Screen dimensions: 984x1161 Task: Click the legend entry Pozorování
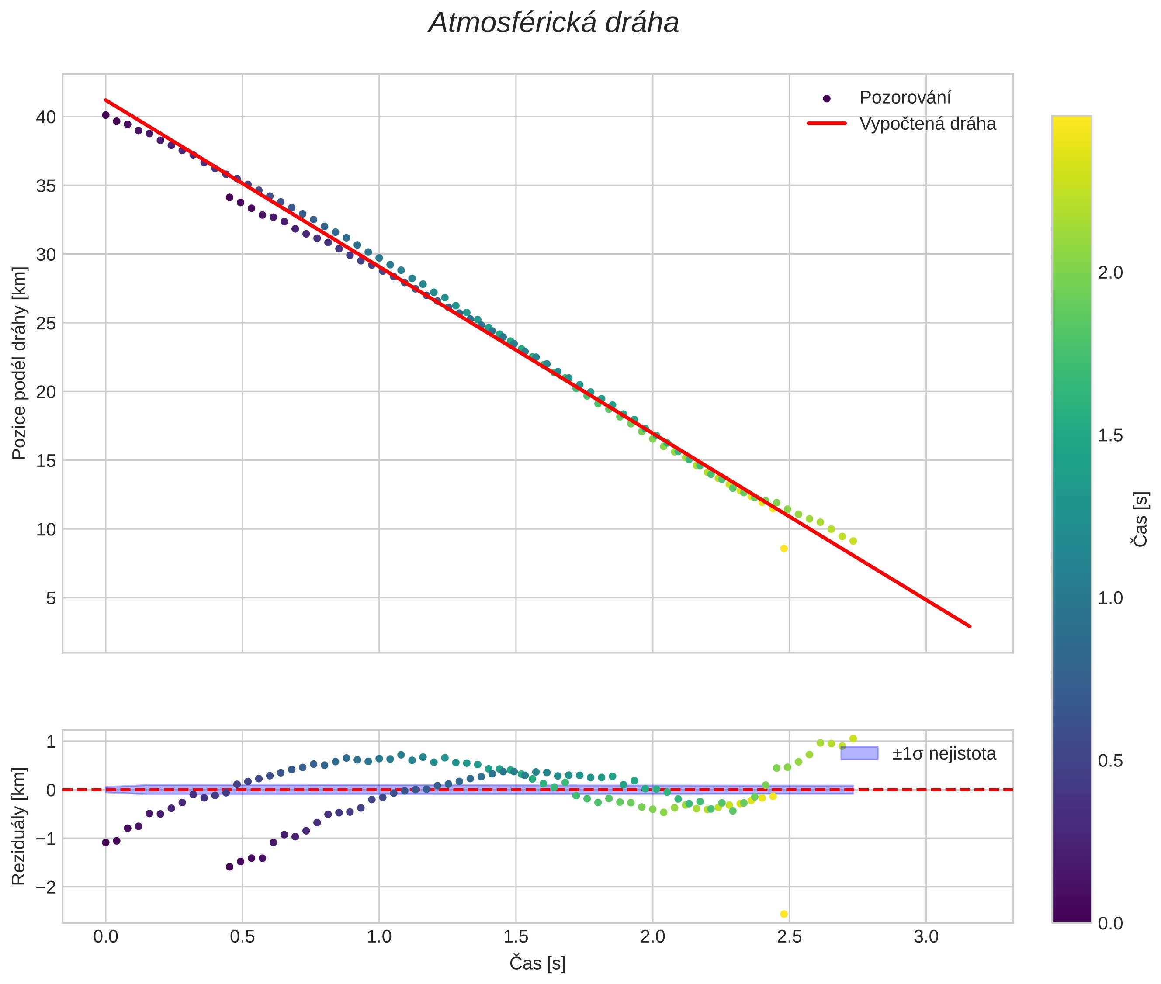pyautogui.click(x=904, y=98)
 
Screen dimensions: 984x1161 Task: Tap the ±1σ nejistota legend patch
pyautogui.click(x=859, y=753)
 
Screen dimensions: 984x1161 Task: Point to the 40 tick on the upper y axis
pyautogui.click(x=47, y=117)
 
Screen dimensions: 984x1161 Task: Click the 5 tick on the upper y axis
pyautogui.click(x=51, y=598)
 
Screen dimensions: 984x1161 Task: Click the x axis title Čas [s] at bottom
pyautogui.click(x=537, y=963)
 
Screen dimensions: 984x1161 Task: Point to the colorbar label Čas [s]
pyautogui.click(x=1141, y=519)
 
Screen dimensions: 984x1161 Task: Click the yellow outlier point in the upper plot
pyautogui.click(x=783, y=548)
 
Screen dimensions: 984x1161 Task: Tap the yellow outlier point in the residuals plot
pyautogui.click(x=783, y=914)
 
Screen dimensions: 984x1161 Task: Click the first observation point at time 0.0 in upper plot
pyautogui.click(x=105, y=115)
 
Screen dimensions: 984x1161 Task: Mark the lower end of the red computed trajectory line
pyautogui.click(x=970, y=626)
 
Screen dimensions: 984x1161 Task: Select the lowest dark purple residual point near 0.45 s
pyautogui.click(x=229, y=867)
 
